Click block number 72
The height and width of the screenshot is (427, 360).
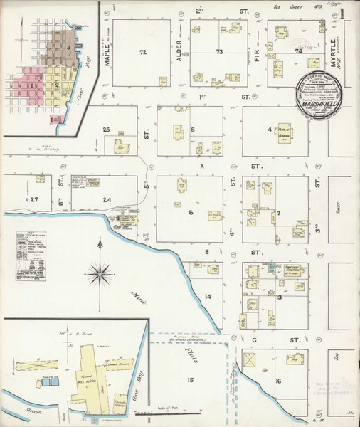pyautogui.click(x=142, y=53)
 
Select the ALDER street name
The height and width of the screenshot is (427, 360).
pyautogui.click(x=179, y=54)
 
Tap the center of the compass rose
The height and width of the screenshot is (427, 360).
pyautogui.click(x=99, y=270)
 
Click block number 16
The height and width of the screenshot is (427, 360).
pyautogui.click(x=279, y=381)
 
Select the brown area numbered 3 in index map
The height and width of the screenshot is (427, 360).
pyautogui.click(x=68, y=48)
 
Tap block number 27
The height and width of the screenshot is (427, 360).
pyautogui.click(x=34, y=200)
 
